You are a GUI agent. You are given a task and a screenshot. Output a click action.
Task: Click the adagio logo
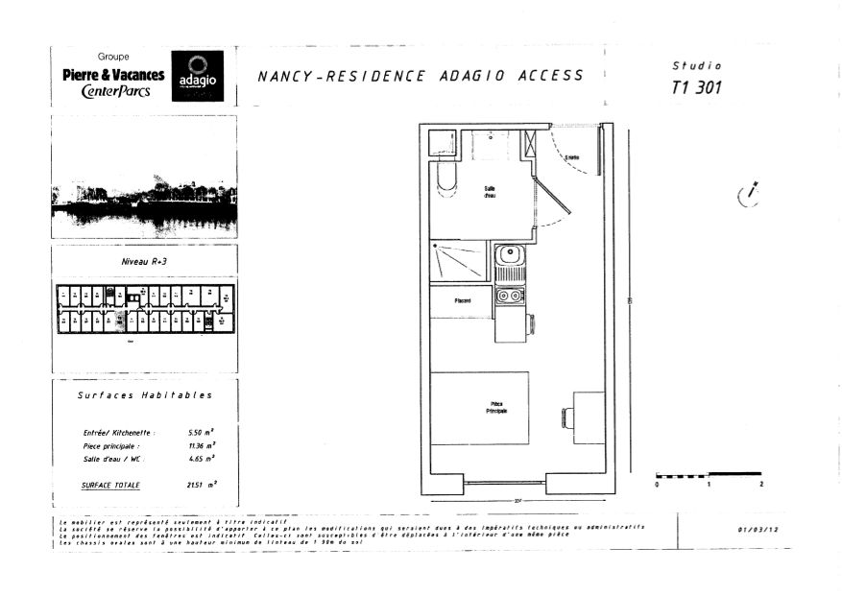(196, 76)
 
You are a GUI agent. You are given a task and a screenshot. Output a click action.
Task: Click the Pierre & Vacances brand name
(113, 75)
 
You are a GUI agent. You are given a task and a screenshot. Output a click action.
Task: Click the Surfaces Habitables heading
(144, 394)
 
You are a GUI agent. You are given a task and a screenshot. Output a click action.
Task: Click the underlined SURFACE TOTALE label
(110, 485)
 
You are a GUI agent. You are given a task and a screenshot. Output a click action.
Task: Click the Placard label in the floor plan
(462, 301)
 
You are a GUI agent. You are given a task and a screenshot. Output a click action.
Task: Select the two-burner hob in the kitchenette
(509, 297)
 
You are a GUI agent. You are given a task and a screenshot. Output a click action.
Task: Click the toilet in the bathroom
(445, 178)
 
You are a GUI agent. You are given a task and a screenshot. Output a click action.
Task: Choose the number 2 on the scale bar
(760, 486)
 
